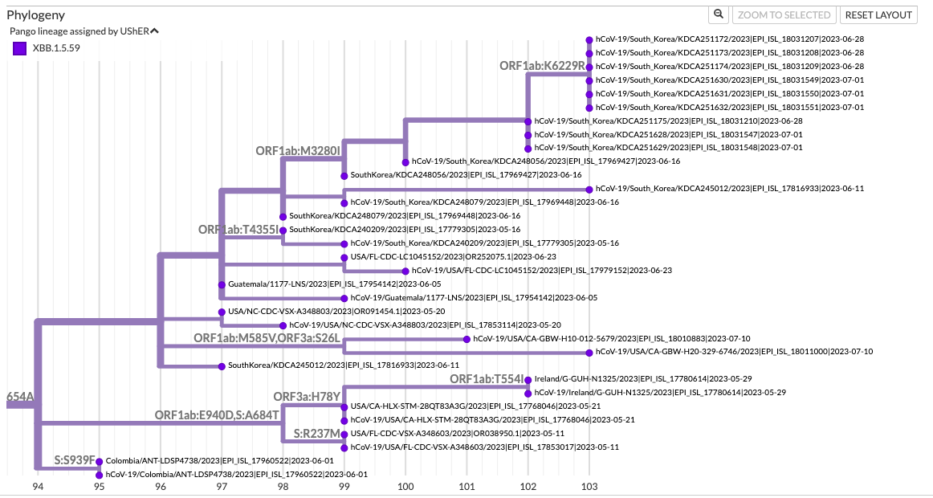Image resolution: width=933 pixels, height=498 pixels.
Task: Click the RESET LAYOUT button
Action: point(878,14)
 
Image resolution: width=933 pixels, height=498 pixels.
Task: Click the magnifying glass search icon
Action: point(719,14)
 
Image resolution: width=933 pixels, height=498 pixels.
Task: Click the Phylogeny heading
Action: point(36,14)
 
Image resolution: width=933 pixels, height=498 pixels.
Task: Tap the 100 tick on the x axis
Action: point(405,487)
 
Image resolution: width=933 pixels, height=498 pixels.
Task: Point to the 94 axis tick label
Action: point(38,487)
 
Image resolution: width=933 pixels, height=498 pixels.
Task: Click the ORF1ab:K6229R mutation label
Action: point(542,66)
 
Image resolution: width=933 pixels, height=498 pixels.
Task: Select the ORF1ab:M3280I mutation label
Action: point(298,150)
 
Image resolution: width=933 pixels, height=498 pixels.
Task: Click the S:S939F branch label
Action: point(75,460)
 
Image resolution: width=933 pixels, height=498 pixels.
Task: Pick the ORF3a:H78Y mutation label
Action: point(308,397)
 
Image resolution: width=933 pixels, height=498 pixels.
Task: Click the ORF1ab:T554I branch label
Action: point(487,379)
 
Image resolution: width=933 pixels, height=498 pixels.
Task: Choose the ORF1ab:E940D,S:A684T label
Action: point(217,415)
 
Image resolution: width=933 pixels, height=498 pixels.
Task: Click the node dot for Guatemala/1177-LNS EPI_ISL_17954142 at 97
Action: point(222,284)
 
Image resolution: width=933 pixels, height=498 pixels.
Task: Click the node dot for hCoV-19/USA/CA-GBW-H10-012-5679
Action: point(467,339)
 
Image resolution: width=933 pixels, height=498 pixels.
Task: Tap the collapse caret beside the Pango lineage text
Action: point(155,31)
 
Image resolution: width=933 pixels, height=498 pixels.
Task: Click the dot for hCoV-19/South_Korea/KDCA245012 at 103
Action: point(589,189)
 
